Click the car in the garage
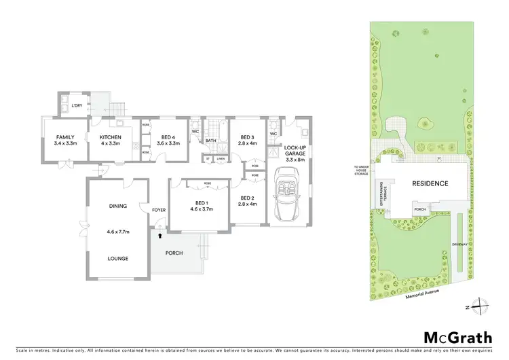(287, 196)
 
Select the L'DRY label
(67, 105)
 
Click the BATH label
(210, 141)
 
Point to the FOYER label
(159, 210)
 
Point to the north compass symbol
(480, 305)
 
